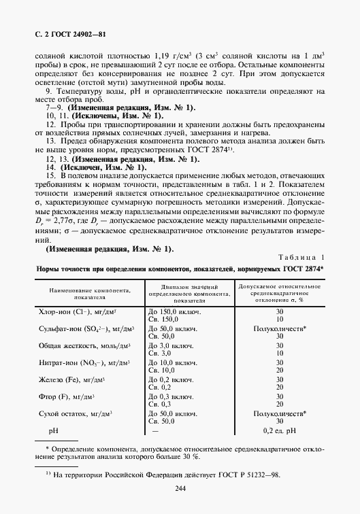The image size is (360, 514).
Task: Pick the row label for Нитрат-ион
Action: click(x=84, y=363)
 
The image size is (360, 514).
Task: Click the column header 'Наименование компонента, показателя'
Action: click(x=89, y=292)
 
